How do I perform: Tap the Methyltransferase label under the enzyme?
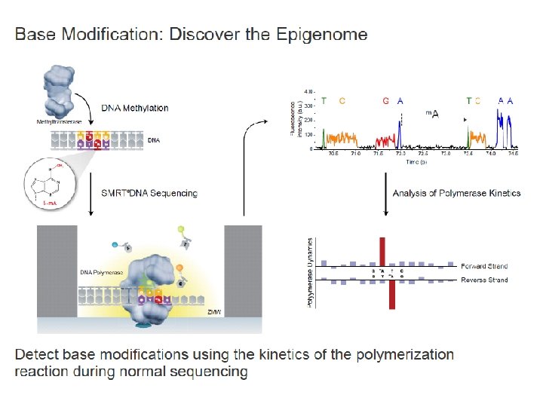(60, 121)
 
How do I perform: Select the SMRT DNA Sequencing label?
(149, 193)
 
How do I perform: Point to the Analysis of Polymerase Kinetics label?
(456, 193)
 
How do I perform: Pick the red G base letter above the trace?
(385, 100)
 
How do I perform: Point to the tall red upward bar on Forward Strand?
(382, 251)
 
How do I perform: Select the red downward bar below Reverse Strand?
(392, 295)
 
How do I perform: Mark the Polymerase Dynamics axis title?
(309, 272)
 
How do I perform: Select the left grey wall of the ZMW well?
(57, 272)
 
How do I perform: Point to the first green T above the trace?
(324, 100)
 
